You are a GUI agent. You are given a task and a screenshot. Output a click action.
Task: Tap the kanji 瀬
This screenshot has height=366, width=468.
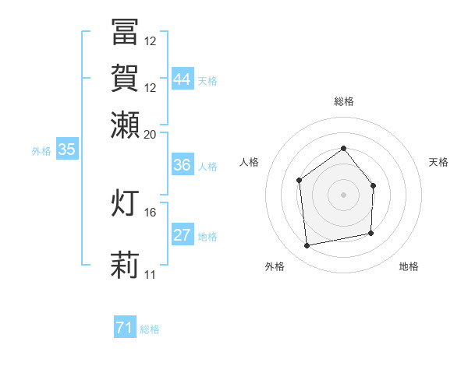click(x=126, y=125)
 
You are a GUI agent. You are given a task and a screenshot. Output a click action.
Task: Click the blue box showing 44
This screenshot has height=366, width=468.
click(x=183, y=79)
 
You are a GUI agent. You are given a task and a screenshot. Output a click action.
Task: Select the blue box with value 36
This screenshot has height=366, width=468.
click(x=183, y=165)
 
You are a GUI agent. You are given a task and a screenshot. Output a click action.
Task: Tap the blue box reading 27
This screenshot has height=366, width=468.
click(x=183, y=235)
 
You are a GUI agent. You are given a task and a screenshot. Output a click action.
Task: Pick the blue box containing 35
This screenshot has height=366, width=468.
click(x=66, y=150)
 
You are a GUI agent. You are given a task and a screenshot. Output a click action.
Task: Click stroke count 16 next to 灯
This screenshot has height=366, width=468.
click(x=151, y=212)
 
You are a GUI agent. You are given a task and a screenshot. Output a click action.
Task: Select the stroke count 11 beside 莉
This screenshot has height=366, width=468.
click(x=151, y=274)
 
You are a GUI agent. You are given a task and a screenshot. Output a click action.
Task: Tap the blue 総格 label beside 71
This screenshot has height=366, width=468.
click(x=150, y=329)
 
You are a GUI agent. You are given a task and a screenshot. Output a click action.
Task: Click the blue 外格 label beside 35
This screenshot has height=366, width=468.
click(x=41, y=151)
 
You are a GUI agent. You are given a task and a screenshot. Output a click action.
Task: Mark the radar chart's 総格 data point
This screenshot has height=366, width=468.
click(x=343, y=148)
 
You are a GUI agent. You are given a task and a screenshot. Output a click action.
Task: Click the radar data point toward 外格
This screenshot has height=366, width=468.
click(x=307, y=245)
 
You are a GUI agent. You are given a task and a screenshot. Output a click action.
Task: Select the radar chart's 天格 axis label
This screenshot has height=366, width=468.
click(x=439, y=162)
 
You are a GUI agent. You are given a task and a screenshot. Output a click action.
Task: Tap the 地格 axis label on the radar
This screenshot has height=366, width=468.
click(x=409, y=266)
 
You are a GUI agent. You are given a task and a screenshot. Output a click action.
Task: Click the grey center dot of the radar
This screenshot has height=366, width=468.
click(x=343, y=195)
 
